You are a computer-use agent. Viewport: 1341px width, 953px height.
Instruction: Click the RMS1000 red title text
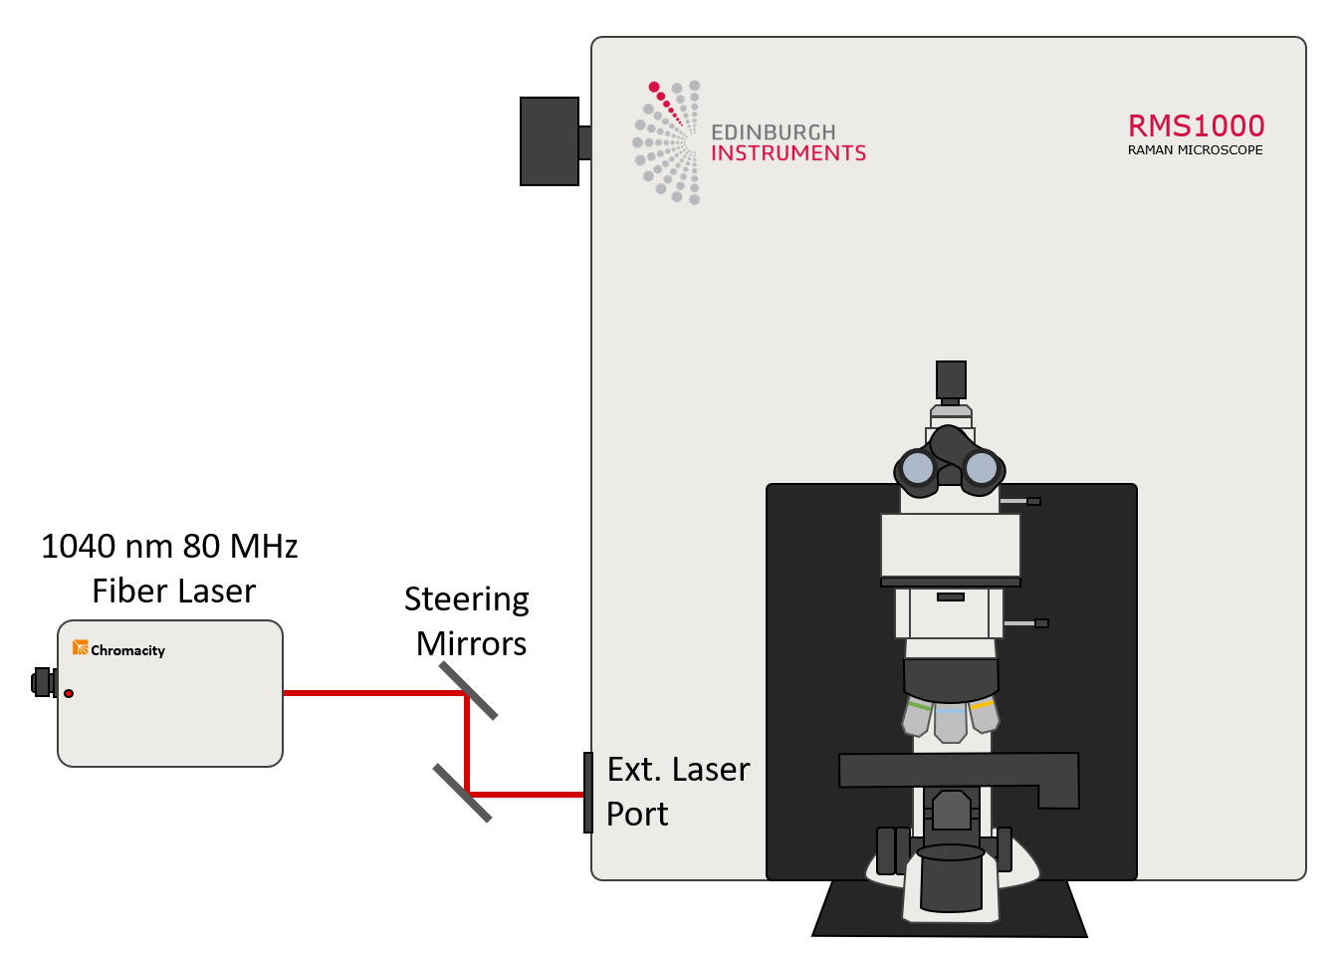1196,126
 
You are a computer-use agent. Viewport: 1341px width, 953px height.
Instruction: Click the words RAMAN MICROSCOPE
1195,150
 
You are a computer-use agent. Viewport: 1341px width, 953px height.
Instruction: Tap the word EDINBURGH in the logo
773,132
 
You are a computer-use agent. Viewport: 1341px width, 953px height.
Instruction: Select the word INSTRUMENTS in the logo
787,153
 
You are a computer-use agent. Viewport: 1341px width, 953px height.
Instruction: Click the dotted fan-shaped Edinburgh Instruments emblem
668,142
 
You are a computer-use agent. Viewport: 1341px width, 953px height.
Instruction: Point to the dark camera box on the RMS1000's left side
550,141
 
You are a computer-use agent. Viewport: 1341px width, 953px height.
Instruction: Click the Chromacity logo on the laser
118,649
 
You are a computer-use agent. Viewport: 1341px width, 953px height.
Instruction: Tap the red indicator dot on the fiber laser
69,693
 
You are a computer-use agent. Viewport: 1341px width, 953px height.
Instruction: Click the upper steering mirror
468,691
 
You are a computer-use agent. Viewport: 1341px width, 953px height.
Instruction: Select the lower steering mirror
463,793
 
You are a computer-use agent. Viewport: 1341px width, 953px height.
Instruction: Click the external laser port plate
588,793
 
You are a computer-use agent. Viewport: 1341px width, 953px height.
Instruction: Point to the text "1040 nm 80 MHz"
169,547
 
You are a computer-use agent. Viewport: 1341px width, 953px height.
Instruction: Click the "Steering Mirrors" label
468,621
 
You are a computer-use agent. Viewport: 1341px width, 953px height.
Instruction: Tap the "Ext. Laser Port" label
677,792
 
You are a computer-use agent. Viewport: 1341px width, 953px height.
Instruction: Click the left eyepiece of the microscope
918,467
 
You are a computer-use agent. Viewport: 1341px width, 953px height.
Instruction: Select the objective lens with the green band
917,717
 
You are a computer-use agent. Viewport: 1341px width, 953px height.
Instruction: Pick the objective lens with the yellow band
984,715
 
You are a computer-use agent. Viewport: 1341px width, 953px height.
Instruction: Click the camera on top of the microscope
951,379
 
